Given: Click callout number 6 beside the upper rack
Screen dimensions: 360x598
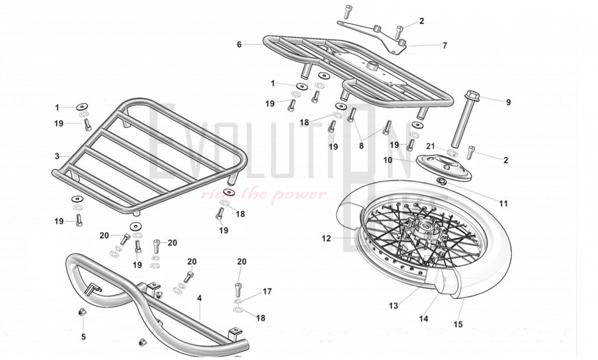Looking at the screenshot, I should (x=239, y=45).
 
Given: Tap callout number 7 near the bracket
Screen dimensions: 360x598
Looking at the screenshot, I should (x=445, y=45).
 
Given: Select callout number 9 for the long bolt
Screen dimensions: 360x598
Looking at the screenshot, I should (x=508, y=102).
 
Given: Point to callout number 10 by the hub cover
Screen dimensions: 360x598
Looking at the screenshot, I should (x=388, y=160).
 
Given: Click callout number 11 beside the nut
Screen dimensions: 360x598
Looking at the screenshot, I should (x=504, y=204).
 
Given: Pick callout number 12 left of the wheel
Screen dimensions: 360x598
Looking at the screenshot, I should (x=326, y=238).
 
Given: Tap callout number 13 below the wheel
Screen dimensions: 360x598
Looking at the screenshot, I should (x=393, y=306).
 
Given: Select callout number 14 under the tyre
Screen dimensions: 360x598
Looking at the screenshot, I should (x=423, y=319).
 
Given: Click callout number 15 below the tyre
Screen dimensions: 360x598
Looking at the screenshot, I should (x=458, y=324).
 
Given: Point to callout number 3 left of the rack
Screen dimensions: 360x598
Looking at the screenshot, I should (x=57, y=156).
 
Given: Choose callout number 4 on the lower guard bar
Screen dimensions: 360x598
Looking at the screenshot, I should (x=199, y=298).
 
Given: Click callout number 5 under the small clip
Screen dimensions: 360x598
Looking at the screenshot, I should (x=83, y=337).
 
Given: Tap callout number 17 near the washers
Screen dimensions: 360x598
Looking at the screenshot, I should (x=267, y=291).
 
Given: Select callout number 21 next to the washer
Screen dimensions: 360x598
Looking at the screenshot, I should (x=430, y=146).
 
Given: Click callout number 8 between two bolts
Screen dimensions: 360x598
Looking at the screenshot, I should (x=361, y=146).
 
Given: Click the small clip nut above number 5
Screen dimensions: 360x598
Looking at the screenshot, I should (x=81, y=313).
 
